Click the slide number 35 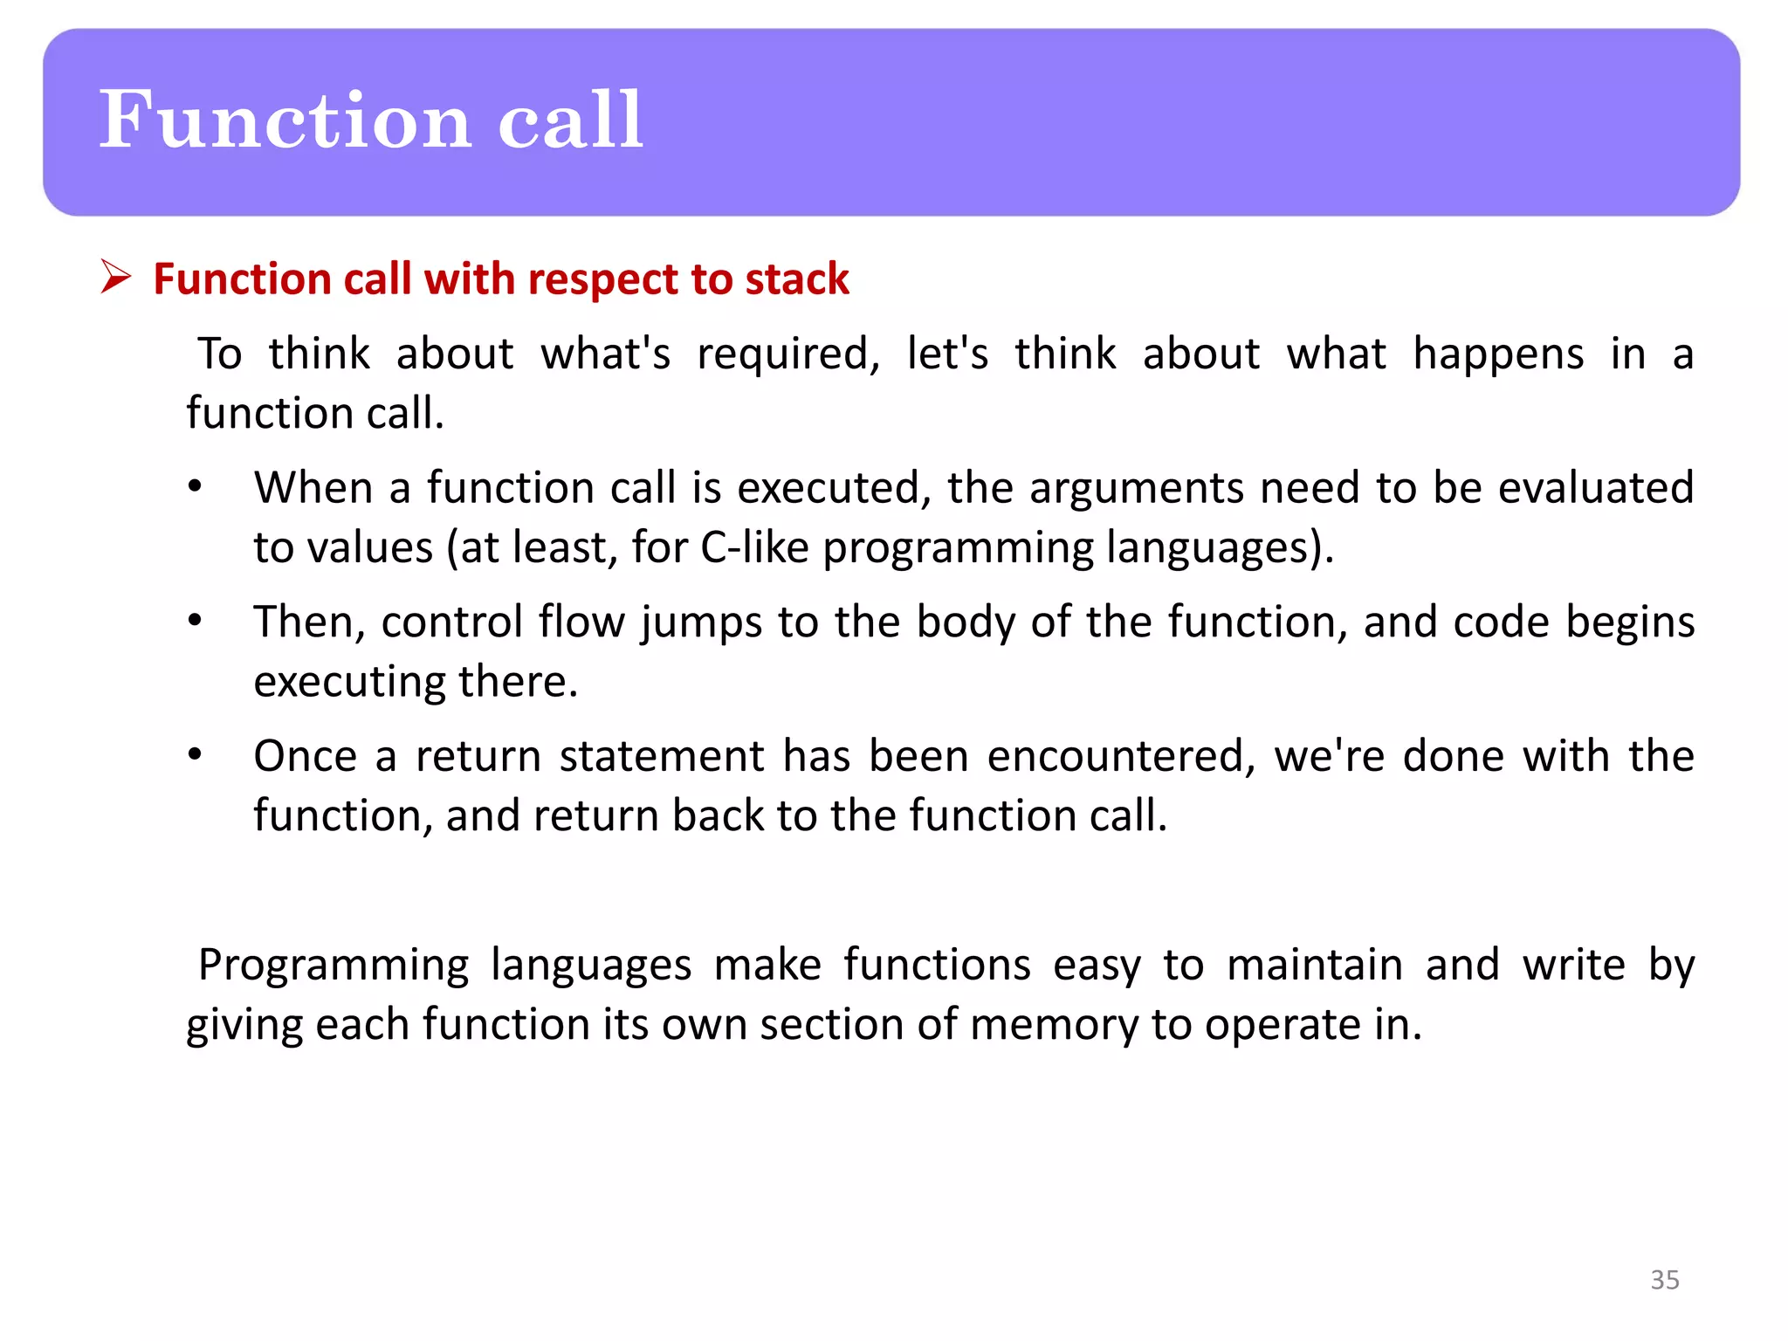pyautogui.click(x=1664, y=1279)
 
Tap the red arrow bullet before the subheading pyautogui.click(x=115, y=277)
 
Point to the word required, pyautogui.click(x=787, y=354)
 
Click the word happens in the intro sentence pyautogui.click(x=1498, y=354)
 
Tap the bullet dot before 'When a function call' pyautogui.click(x=195, y=486)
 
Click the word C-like pyautogui.click(x=754, y=547)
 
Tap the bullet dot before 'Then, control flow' pyautogui.click(x=195, y=621)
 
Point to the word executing pyautogui.click(x=349, y=682)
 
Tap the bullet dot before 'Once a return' pyautogui.click(x=195, y=754)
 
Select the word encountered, pyautogui.click(x=1121, y=756)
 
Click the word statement pyautogui.click(x=662, y=756)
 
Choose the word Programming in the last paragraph pyautogui.click(x=334, y=966)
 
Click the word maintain pyautogui.click(x=1315, y=966)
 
